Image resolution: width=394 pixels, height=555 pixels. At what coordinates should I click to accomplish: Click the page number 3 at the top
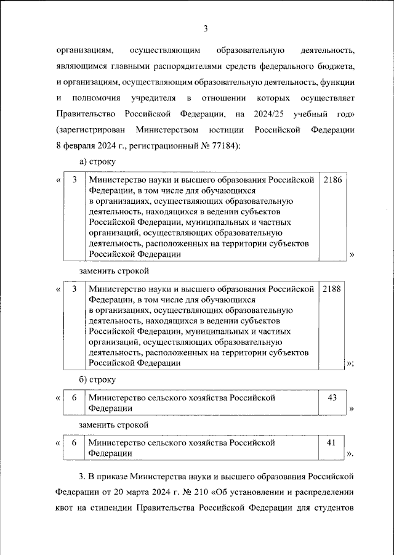click(x=206, y=28)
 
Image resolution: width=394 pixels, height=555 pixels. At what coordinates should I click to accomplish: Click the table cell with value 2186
click(x=331, y=180)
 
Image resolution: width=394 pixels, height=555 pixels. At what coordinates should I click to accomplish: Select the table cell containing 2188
click(x=331, y=289)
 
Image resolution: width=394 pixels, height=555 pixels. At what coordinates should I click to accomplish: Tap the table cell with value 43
click(x=331, y=398)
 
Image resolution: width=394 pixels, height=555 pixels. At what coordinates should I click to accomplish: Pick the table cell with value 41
click(x=331, y=442)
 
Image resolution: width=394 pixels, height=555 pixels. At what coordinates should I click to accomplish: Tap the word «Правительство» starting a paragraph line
click(x=87, y=114)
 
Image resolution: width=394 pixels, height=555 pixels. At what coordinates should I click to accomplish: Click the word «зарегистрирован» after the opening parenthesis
click(x=91, y=130)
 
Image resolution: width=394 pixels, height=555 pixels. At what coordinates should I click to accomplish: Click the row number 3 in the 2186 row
click(x=74, y=180)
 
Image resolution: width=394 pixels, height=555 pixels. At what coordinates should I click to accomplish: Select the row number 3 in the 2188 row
click(x=74, y=289)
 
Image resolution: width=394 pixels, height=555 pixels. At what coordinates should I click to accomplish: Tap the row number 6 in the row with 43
click(x=74, y=398)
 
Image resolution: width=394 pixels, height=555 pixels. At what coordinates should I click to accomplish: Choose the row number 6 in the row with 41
click(x=74, y=442)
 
